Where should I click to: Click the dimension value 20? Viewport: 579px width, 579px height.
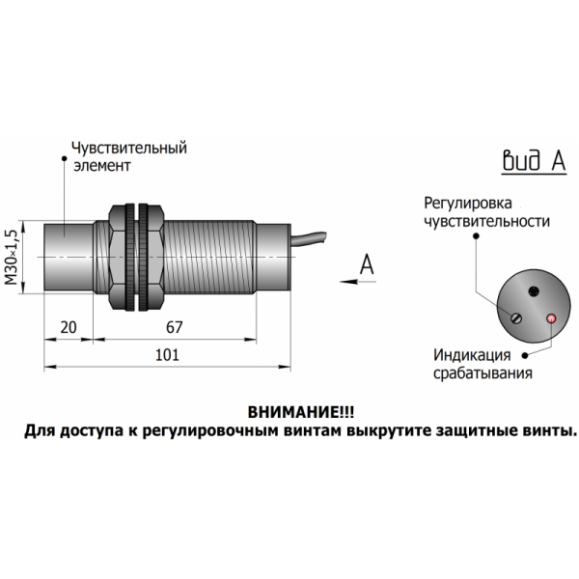[68, 327]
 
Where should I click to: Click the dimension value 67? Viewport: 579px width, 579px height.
[174, 327]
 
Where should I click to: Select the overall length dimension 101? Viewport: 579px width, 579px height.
[169, 355]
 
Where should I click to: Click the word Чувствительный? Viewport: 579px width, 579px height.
[129, 149]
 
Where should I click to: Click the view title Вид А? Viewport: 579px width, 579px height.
[533, 161]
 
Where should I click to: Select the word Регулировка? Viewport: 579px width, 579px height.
[466, 204]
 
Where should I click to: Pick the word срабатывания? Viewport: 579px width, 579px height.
[482, 372]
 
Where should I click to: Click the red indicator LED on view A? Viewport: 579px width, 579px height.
[551, 318]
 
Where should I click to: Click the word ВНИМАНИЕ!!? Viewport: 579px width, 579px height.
[288, 411]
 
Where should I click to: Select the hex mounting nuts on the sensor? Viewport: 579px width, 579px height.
[136, 257]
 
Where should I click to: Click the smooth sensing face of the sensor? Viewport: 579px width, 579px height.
[65, 255]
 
